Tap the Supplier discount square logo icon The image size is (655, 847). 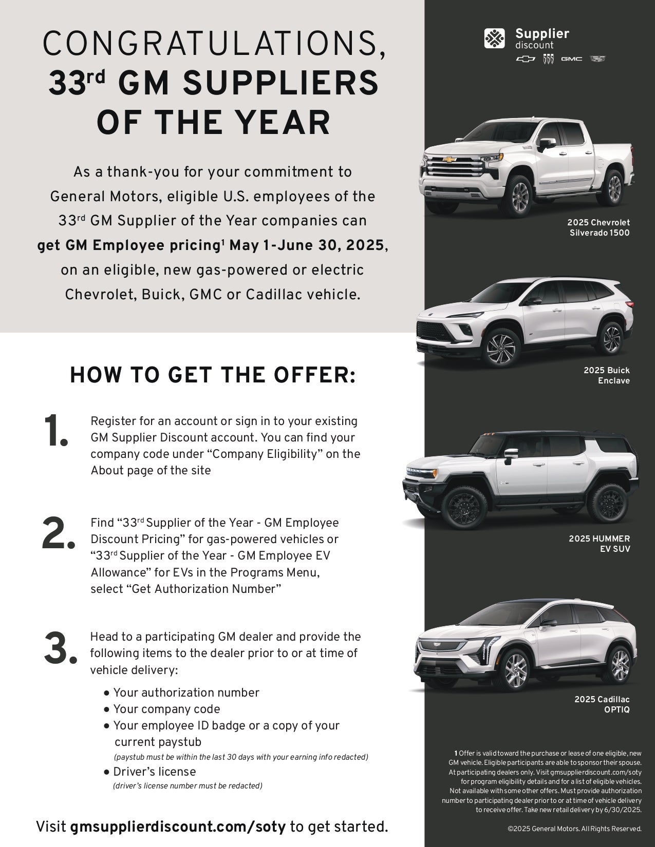494,38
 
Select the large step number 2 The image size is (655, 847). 59,534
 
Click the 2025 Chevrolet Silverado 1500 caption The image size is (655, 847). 598,227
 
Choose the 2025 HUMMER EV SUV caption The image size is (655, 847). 599,544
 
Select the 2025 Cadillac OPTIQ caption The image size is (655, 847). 602,704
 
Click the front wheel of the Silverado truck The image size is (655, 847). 520,197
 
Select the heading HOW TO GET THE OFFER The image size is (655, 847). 213,375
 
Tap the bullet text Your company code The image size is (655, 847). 166,709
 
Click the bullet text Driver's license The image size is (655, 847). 154,772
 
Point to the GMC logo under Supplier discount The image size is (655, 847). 571,59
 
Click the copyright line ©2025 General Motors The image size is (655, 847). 574,829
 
